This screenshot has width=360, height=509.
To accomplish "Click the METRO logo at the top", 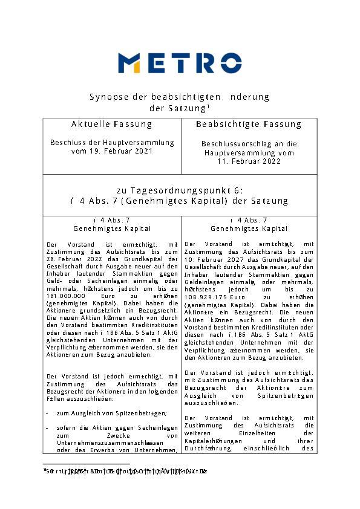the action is pyautogui.click(x=180, y=62).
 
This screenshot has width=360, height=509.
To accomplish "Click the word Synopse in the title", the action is pyautogui.click(x=106, y=97).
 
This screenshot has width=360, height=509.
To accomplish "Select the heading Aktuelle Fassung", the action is pyautogui.click(x=111, y=124).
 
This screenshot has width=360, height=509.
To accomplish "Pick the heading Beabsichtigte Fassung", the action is pyautogui.click(x=248, y=124).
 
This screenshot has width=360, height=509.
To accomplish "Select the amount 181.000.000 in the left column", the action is pyautogui.click(x=65, y=296).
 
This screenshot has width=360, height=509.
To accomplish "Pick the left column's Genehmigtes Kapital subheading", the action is pyautogui.click(x=111, y=229).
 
